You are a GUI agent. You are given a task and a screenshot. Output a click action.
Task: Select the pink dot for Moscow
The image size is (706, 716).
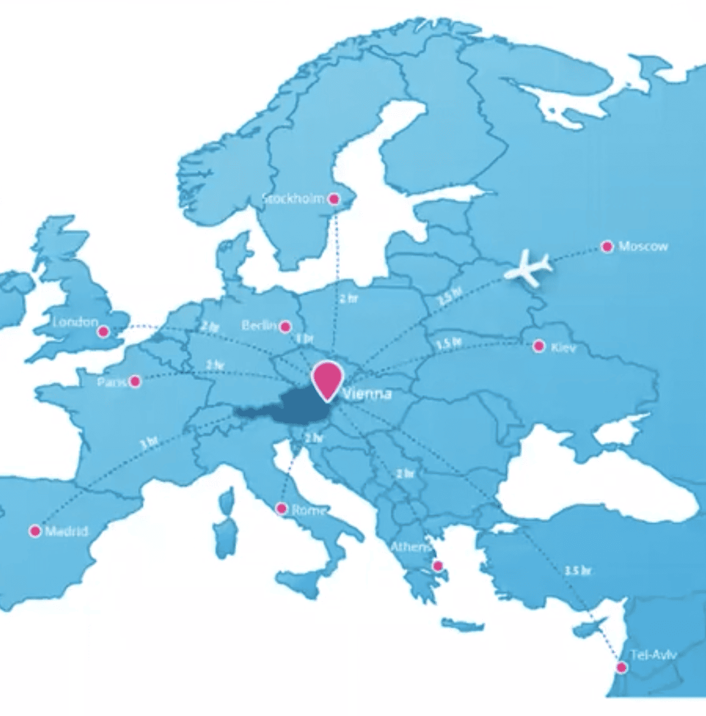(607, 247)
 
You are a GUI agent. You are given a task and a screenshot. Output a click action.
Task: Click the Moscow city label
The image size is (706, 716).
(643, 246)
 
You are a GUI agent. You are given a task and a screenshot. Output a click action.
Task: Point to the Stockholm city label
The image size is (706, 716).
(294, 199)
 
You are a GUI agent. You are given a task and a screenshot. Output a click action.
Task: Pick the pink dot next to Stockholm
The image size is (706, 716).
(334, 199)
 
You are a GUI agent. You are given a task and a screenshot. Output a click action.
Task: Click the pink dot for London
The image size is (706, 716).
(104, 331)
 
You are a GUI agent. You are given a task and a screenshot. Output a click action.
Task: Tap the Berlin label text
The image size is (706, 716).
(259, 326)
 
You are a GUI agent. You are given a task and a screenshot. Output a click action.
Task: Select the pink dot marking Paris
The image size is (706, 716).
(135, 381)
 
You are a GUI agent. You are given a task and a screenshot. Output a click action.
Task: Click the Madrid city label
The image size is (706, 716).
(66, 531)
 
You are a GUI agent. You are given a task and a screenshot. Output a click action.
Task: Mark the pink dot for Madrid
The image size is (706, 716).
(35, 530)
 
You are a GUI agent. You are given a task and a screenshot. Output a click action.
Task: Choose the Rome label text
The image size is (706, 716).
(309, 510)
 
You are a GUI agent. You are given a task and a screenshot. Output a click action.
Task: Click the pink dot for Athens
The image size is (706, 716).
(438, 566)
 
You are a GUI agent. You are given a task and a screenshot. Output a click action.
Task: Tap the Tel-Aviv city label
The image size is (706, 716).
(653, 655)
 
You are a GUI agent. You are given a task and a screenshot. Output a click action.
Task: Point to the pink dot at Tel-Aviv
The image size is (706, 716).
(622, 668)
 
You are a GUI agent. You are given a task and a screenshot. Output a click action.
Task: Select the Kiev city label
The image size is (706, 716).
(563, 347)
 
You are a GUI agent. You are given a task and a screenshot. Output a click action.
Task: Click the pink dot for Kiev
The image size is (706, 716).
(539, 346)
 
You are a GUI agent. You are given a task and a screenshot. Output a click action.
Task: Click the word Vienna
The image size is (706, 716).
(367, 394)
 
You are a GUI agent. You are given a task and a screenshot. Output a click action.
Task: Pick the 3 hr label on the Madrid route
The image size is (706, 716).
(149, 443)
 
